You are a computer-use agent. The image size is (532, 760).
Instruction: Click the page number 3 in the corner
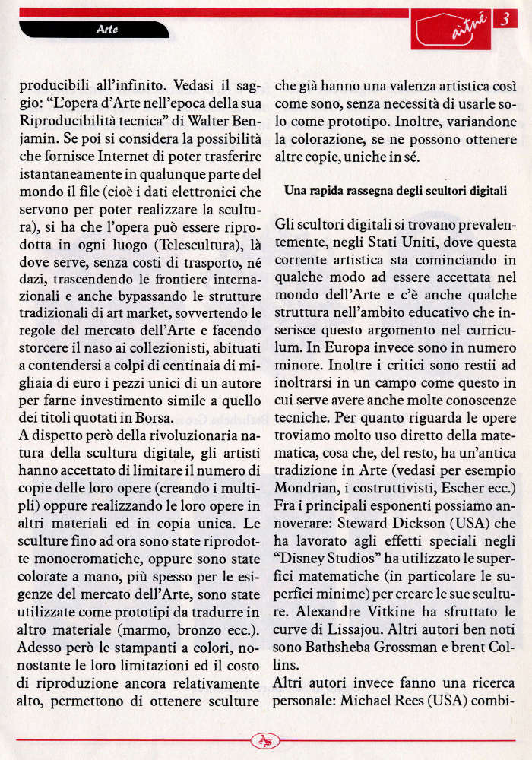click(x=504, y=21)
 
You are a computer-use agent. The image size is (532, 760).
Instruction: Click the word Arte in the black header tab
click(x=107, y=30)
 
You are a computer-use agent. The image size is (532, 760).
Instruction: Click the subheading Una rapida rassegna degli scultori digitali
click(x=395, y=191)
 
